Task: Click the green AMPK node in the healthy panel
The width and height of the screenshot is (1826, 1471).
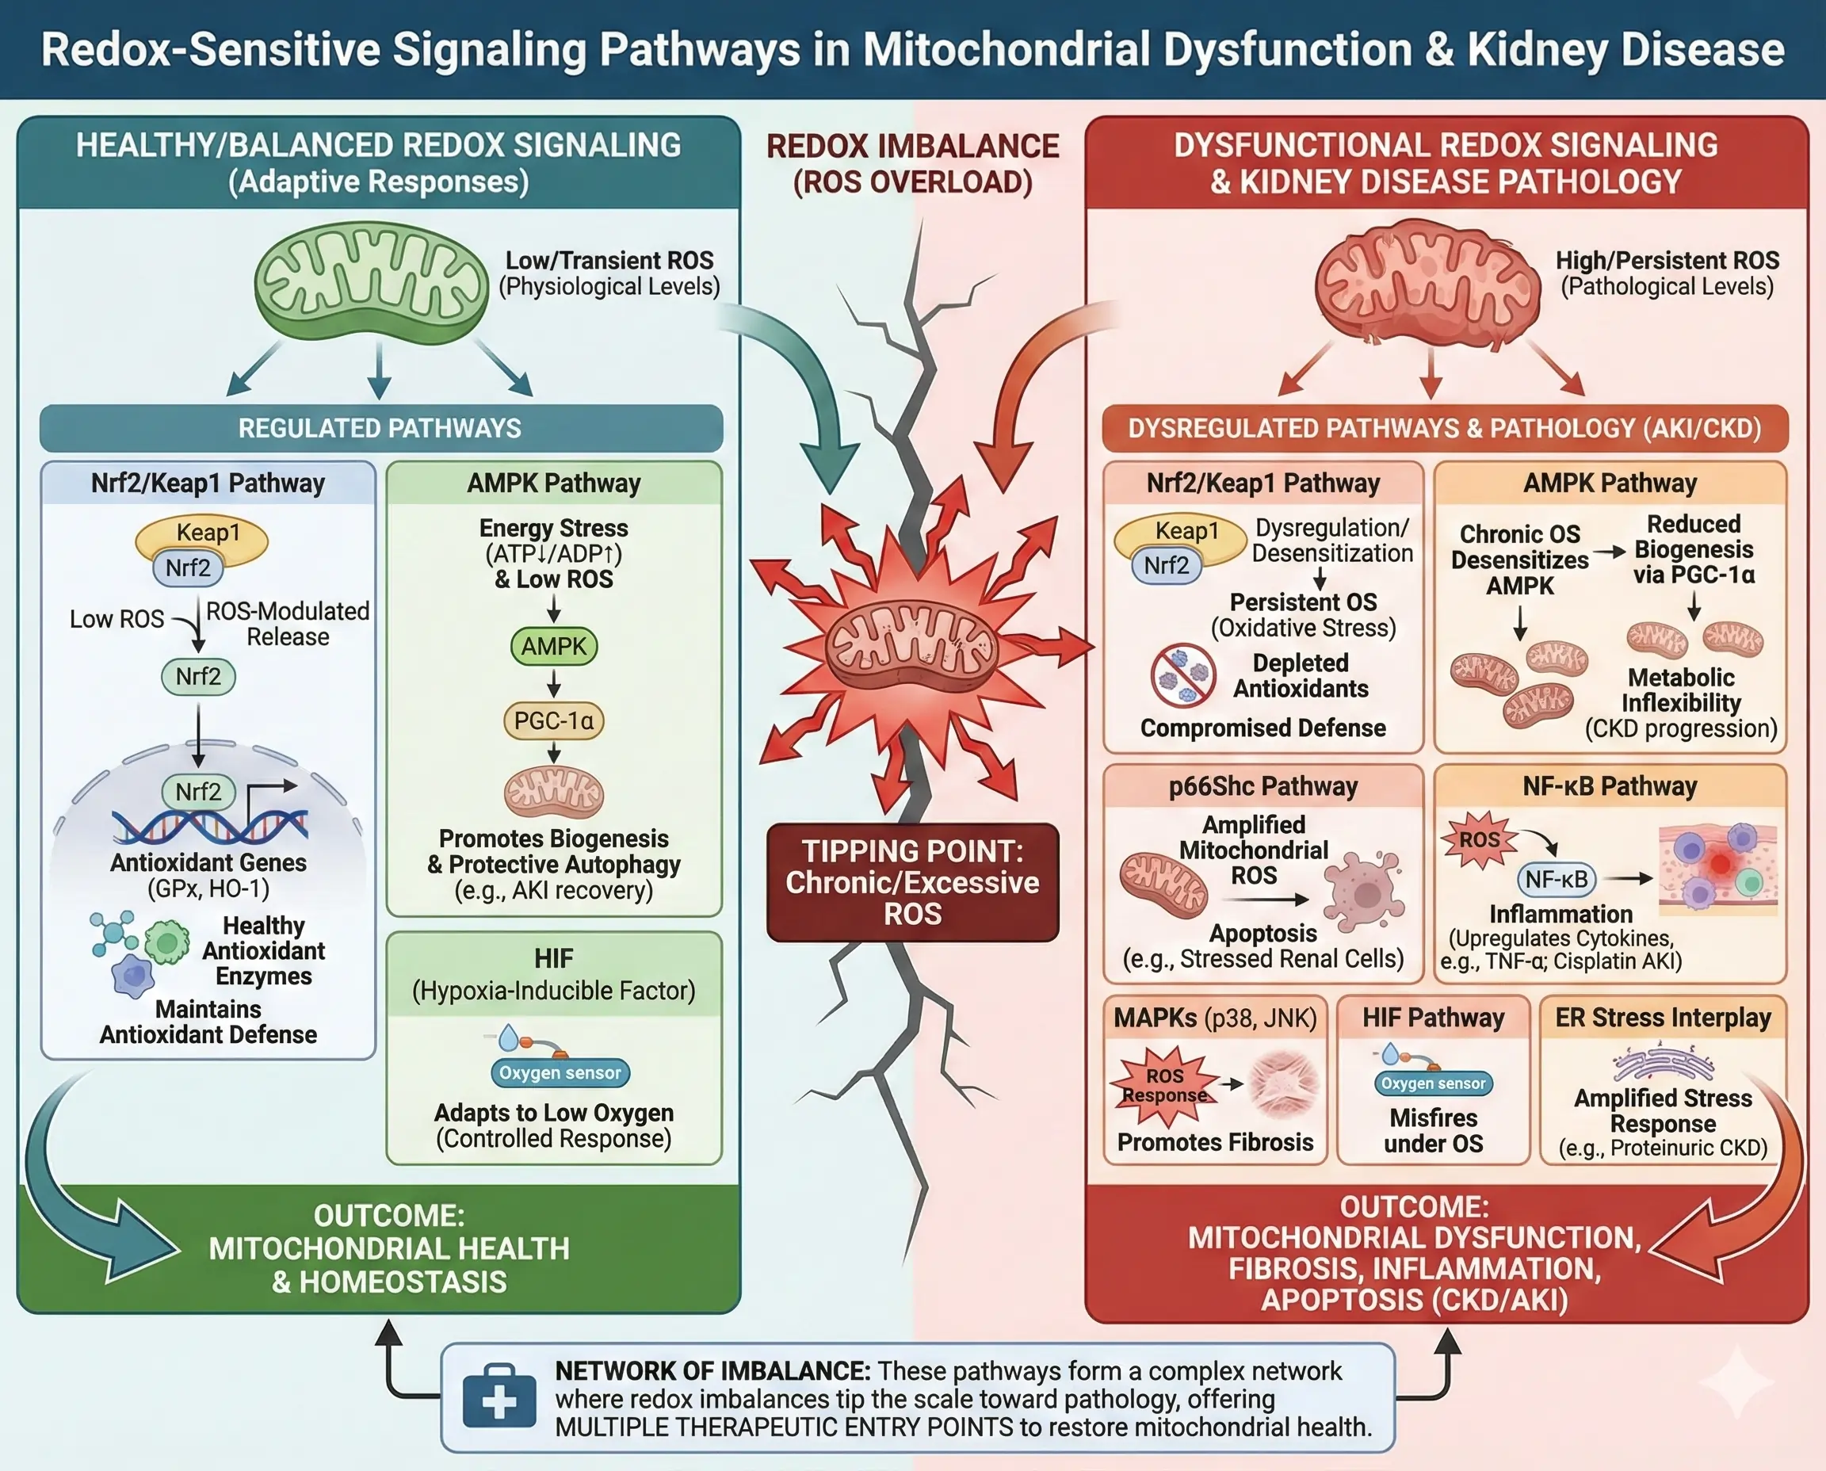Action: (x=553, y=647)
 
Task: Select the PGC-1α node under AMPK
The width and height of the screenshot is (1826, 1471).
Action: (x=553, y=721)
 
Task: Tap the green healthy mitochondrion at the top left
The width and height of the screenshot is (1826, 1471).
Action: (x=371, y=281)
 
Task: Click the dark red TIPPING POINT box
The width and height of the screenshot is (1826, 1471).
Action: (x=912, y=882)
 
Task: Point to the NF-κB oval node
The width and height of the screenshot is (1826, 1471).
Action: (x=1557, y=880)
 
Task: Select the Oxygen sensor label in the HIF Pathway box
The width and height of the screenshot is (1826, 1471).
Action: (x=1433, y=1083)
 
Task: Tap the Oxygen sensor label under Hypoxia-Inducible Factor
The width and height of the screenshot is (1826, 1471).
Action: (x=560, y=1073)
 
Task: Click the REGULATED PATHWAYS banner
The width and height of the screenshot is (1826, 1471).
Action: (x=380, y=428)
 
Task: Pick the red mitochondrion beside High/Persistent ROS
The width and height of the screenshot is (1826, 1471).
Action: (x=1427, y=281)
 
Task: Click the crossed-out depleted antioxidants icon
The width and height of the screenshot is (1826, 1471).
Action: (x=1183, y=675)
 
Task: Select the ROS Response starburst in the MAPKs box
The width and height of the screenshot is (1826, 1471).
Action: (x=1165, y=1084)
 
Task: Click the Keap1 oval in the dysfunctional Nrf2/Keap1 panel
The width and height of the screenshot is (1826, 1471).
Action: (x=1186, y=532)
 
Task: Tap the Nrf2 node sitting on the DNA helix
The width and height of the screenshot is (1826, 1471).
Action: (x=198, y=793)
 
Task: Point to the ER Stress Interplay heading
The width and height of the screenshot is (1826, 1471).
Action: (x=1663, y=1018)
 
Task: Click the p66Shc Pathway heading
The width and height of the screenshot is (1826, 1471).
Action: (x=1263, y=786)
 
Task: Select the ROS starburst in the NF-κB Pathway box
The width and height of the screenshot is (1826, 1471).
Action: (x=1480, y=840)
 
